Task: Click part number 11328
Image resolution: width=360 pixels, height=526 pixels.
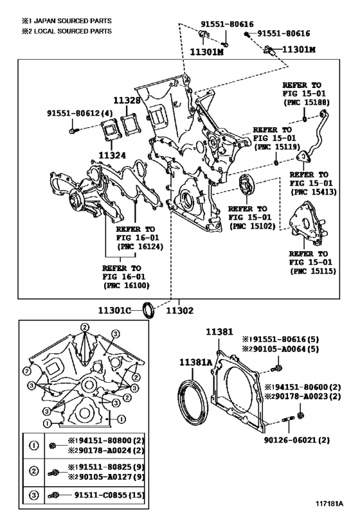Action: coord(126,100)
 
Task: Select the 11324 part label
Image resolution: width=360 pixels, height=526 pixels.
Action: coord(112,155)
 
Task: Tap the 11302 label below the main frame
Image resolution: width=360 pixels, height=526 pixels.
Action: coord(179,311)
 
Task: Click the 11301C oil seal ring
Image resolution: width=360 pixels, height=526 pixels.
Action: coord(148,310)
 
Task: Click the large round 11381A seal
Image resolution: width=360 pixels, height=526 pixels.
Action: coord(192,403)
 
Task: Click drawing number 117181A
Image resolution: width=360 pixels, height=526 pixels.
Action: coord(329,513)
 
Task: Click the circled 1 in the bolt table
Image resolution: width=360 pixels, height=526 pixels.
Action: coord(34,445)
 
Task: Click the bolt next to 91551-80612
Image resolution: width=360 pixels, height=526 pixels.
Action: coord(73,130)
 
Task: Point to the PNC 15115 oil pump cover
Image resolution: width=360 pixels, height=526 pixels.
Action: coord(307,224)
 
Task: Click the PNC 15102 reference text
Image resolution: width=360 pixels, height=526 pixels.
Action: coord(252,226)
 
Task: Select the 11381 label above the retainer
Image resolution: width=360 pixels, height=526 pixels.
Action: coord(219,332)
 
